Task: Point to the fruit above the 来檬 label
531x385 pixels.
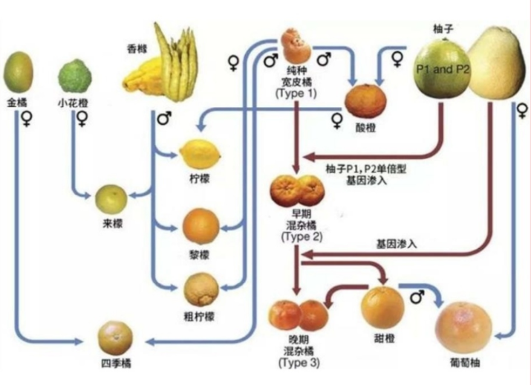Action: [111, 198]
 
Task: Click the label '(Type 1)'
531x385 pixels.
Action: [296, 94]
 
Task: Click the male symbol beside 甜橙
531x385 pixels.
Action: [417, 297]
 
